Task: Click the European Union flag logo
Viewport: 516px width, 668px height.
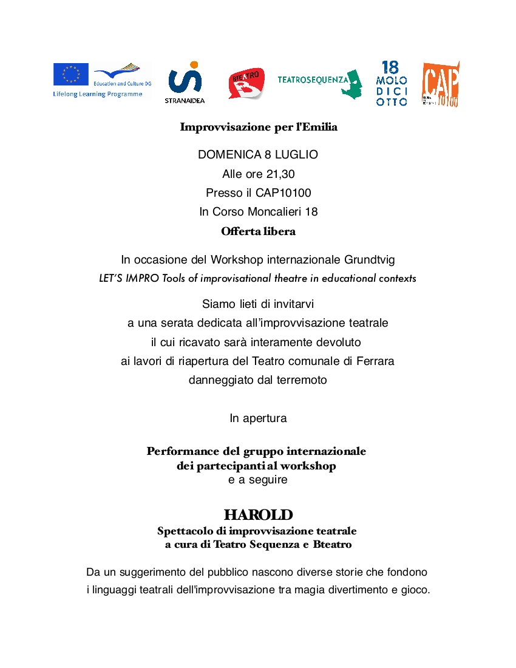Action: coord(70,74)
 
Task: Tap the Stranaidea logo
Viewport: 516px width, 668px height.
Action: coord(185,82)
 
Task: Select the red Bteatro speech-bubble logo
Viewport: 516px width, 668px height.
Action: coord(246,84)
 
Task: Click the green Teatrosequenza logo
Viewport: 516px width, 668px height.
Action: coord(319,81)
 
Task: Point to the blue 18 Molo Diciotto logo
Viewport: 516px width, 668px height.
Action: coord(392,84)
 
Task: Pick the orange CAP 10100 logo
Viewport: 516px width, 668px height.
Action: coord(441,84)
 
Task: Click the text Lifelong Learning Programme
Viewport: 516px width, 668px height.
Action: coord(98,94)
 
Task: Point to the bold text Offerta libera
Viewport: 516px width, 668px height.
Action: coord(258,231)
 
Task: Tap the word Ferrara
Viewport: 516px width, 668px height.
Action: coord(375,361)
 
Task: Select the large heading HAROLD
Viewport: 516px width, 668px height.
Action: coord(258,515)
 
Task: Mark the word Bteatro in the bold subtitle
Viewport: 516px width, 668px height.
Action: coord(332,545)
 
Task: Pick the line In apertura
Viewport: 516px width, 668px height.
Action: coord(258,418)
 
